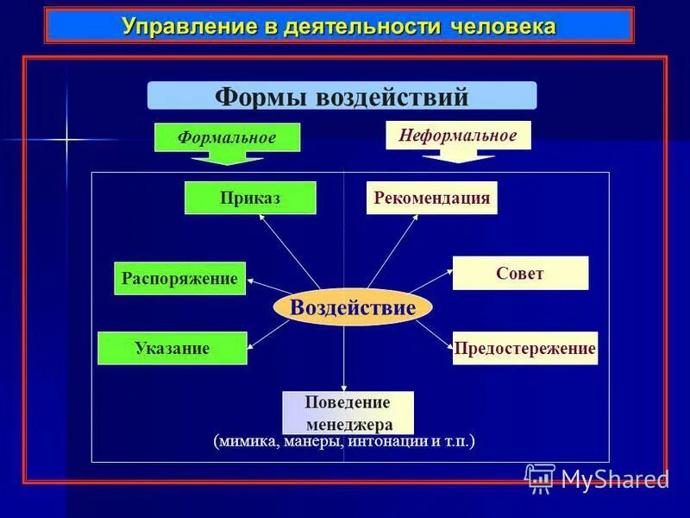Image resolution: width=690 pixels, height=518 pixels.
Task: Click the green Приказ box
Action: pos(250,198)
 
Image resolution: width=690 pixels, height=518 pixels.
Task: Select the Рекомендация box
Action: pos(431,198)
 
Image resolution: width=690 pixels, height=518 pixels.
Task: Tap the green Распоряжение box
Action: pos(179,278)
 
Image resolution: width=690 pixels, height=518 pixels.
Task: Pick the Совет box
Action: pos(520,273)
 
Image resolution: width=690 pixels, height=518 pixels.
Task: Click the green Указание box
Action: pos(172,348)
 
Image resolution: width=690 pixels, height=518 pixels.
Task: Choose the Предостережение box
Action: pos(524,348)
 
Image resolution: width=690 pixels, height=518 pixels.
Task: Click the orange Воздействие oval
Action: pos(353,307)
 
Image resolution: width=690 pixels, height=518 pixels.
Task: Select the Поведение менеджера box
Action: pos(348,413)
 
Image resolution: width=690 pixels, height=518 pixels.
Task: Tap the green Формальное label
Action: pos(227,137)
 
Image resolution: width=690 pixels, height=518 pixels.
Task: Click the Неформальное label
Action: pos(457,135)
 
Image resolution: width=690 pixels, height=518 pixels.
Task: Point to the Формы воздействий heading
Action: pos(342,96)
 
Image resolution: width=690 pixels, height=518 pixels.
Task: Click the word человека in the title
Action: pos(503,26)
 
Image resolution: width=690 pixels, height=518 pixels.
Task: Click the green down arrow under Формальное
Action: pos(227,158)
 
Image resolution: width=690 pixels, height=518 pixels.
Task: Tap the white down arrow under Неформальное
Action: pos(457,155)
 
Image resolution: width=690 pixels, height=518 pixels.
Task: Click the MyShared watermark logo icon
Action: pos(540,477)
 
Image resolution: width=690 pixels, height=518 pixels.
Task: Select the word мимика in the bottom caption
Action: pos(247,441)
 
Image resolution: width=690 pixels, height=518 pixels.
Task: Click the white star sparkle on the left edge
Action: pos(66,138)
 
